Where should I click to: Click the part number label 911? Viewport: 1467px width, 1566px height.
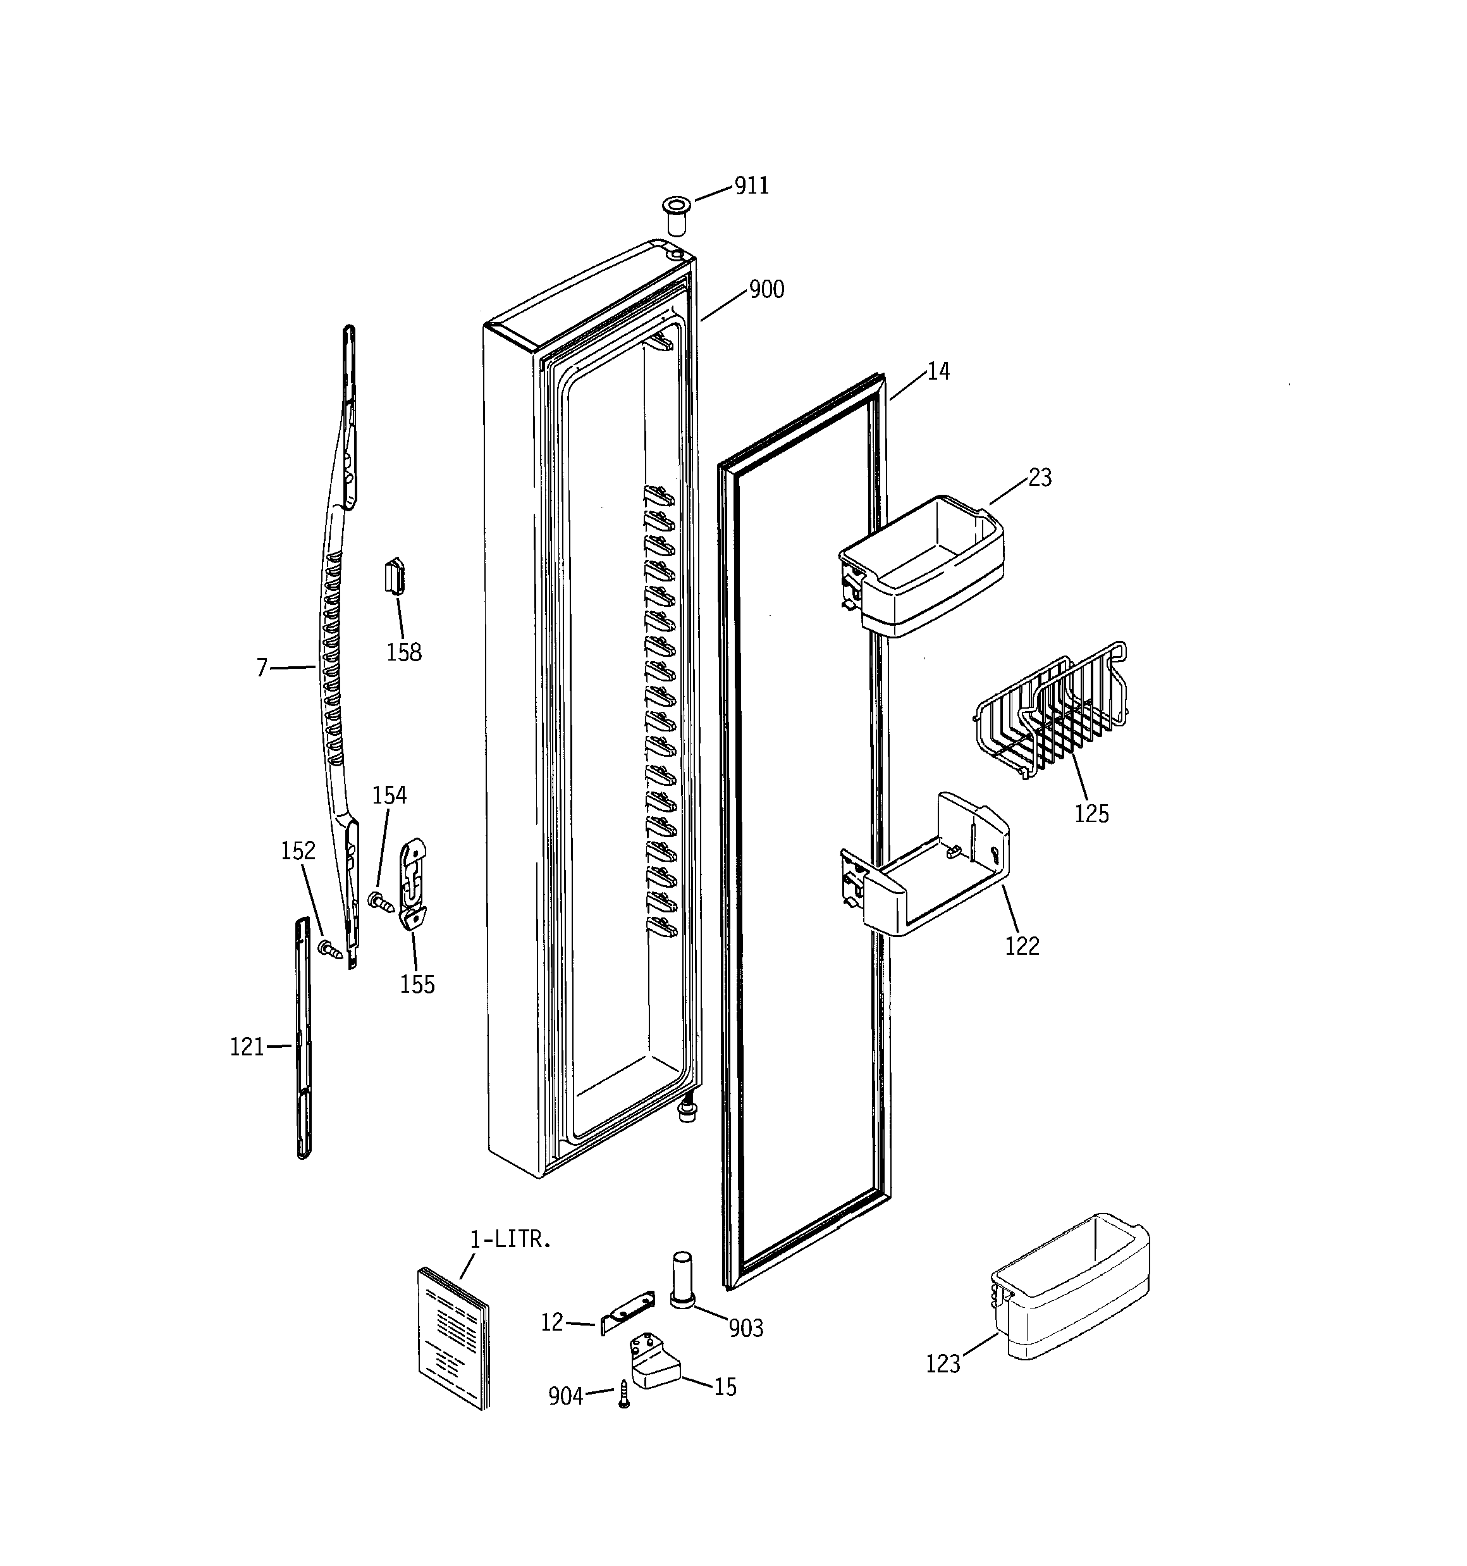coord(751,186)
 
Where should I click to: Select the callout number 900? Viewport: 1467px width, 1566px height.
coord(766,290)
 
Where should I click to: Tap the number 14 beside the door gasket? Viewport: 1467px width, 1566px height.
coord(938,371)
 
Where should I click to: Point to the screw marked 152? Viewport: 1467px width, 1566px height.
coord(330,949)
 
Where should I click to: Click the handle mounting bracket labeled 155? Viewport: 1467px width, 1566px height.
coord(415,883)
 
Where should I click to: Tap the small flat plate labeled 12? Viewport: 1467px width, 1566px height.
coord(628,1312)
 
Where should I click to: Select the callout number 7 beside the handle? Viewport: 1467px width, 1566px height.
coord(262,669)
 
